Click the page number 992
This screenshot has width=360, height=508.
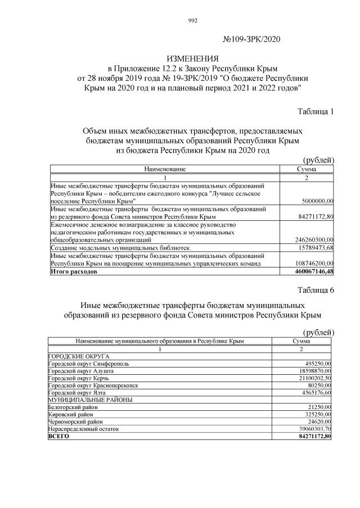[192, 21]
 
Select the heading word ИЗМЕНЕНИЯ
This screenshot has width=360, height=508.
[192, 59]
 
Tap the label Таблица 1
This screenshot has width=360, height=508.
[315, 111]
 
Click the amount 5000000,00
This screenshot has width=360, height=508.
[314, 200]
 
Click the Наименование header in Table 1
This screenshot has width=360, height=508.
[165, 169]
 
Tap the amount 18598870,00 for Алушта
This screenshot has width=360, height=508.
[312, 371]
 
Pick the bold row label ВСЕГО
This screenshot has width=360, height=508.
[58, 436]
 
